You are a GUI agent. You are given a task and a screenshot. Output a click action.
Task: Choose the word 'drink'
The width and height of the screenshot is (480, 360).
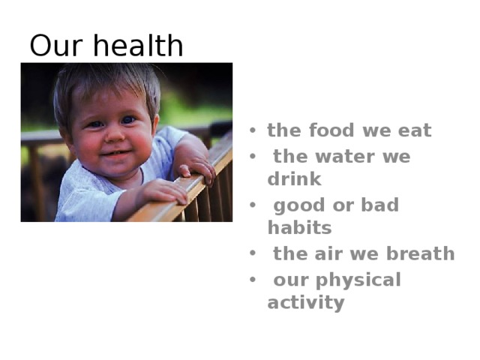[294, 179]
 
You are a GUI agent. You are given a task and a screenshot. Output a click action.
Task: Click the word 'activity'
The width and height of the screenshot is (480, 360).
[306, 302]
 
